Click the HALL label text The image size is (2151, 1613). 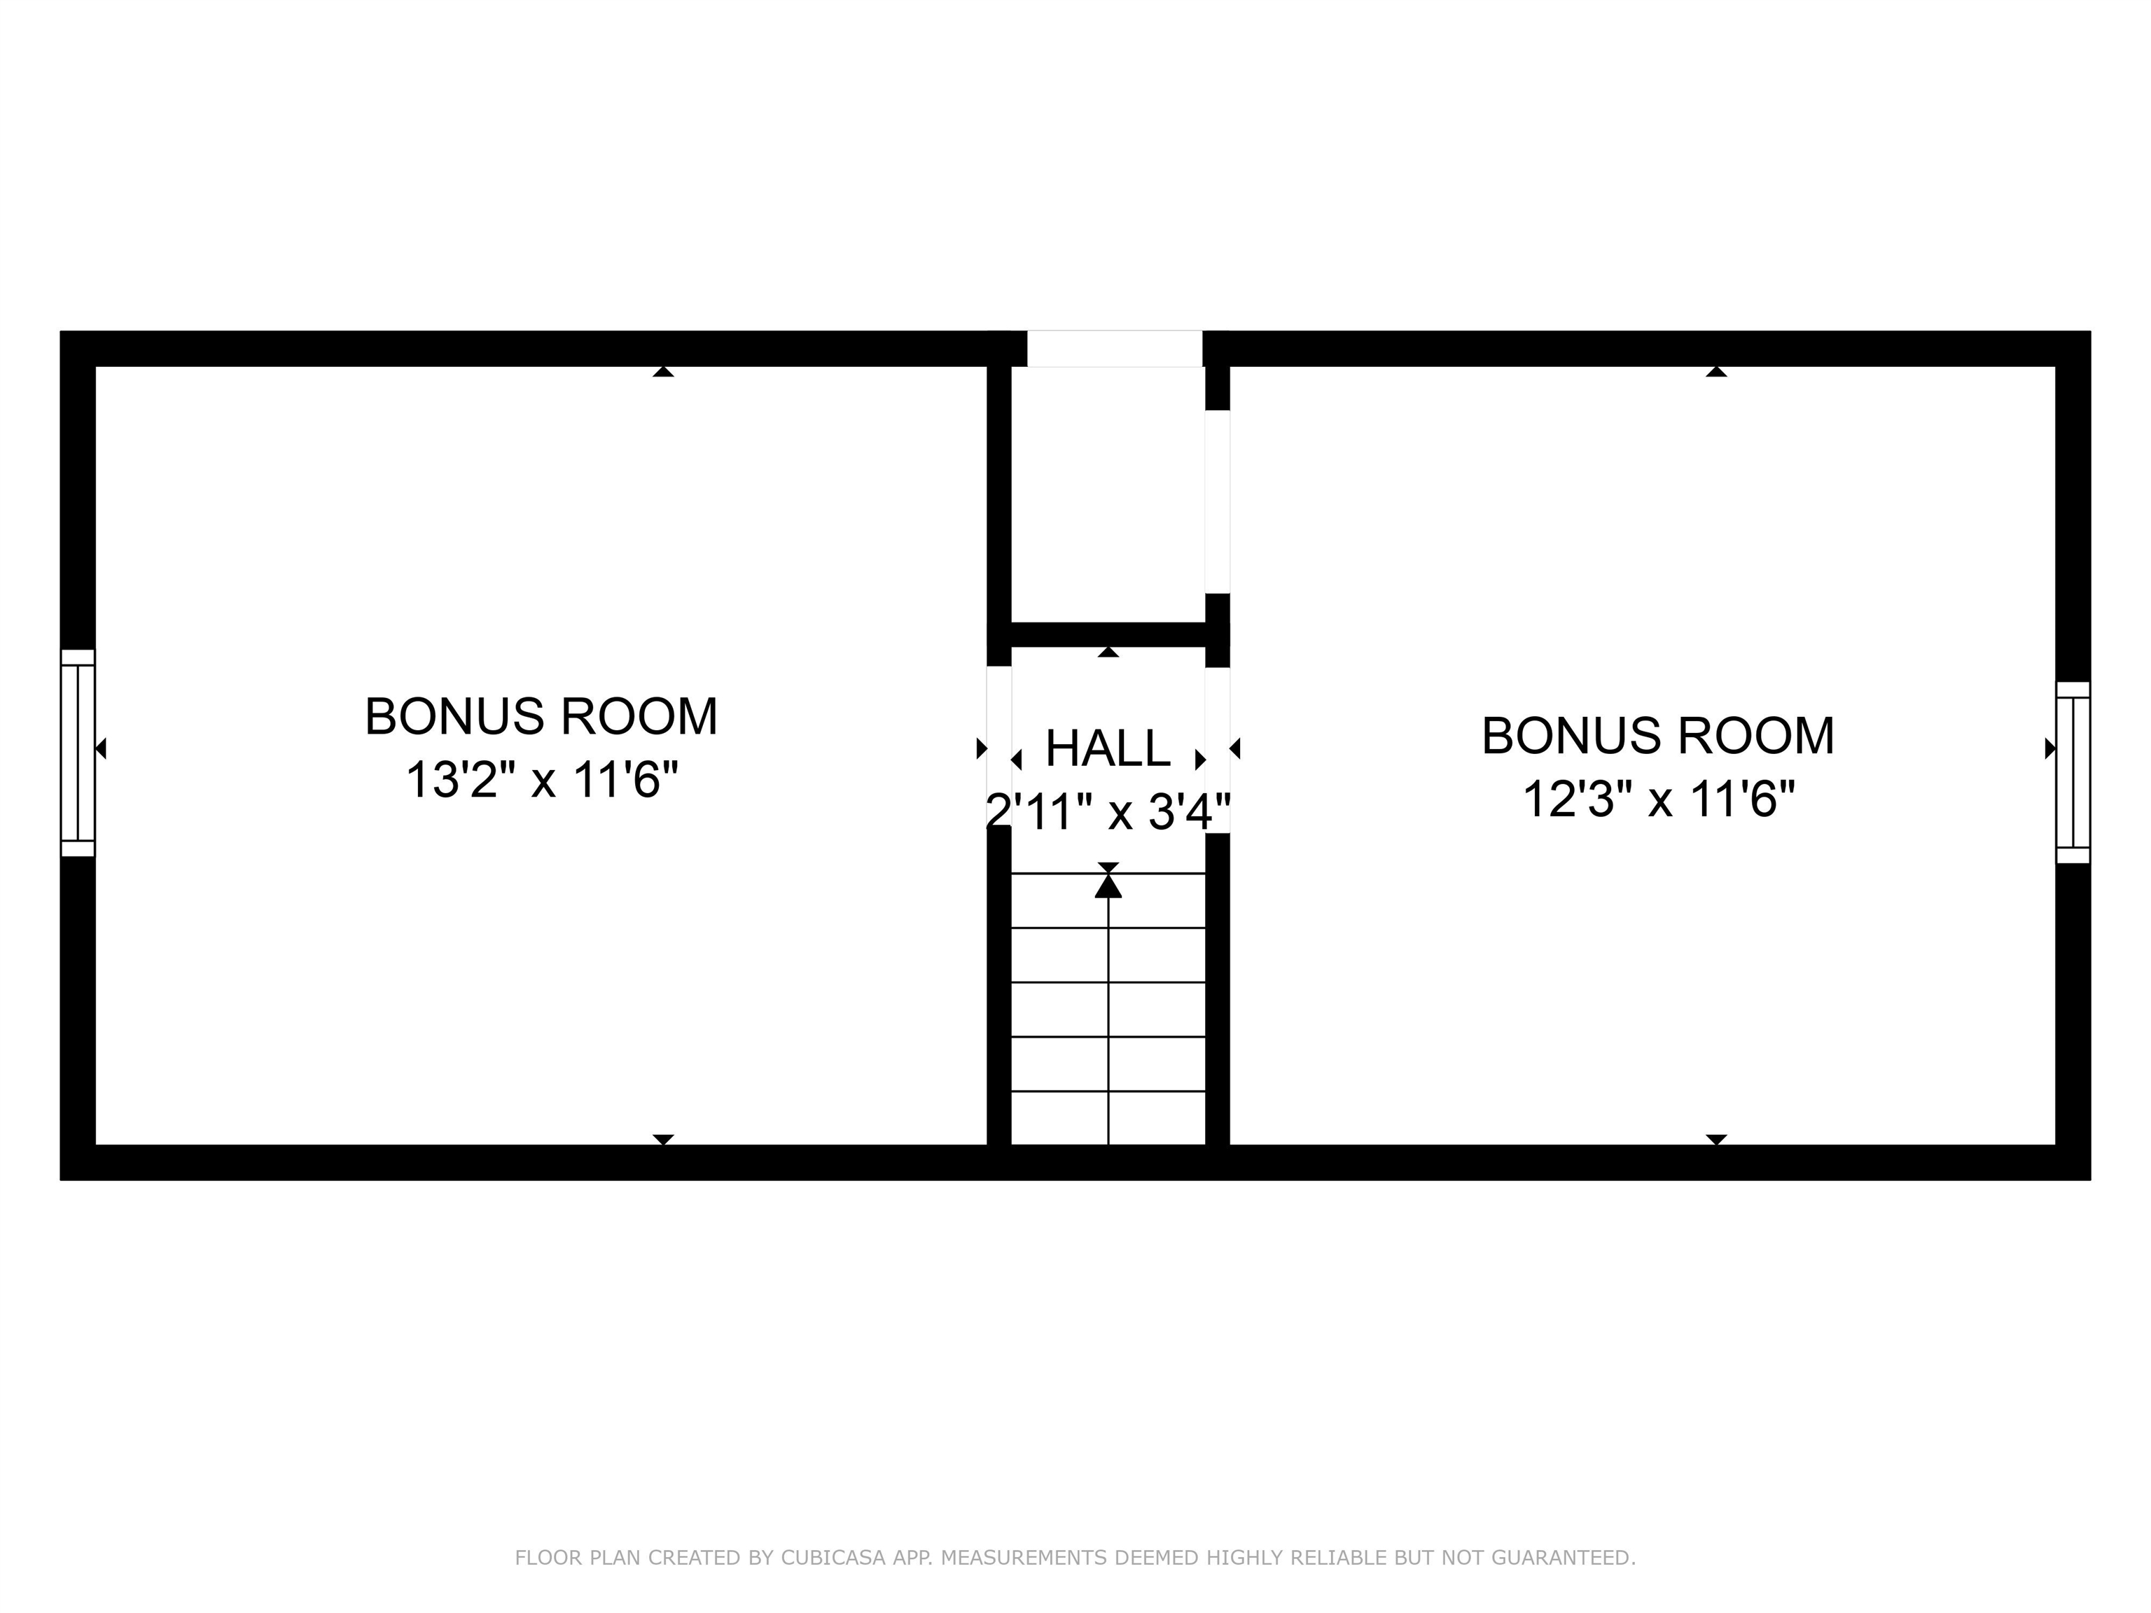(1108, 748)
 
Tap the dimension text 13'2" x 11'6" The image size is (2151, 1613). (542, 780)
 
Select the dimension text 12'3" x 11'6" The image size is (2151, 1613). (1658, 799)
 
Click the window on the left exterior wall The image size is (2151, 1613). (78, 753)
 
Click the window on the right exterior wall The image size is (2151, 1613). (2073, 772)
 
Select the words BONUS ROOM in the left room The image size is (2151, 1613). (542, 717)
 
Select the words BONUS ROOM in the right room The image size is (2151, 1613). (1658, 735)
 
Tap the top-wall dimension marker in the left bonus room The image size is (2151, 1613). (663, 372)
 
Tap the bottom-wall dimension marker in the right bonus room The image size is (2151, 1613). (1716, 1138)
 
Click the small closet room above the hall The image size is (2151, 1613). (1108, 494)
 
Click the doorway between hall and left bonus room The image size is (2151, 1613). (998, 748)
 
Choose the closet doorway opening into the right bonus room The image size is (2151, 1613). (1218, 502)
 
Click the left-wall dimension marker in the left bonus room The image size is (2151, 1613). (100, 748)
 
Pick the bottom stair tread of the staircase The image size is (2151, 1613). (1108, 1118)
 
